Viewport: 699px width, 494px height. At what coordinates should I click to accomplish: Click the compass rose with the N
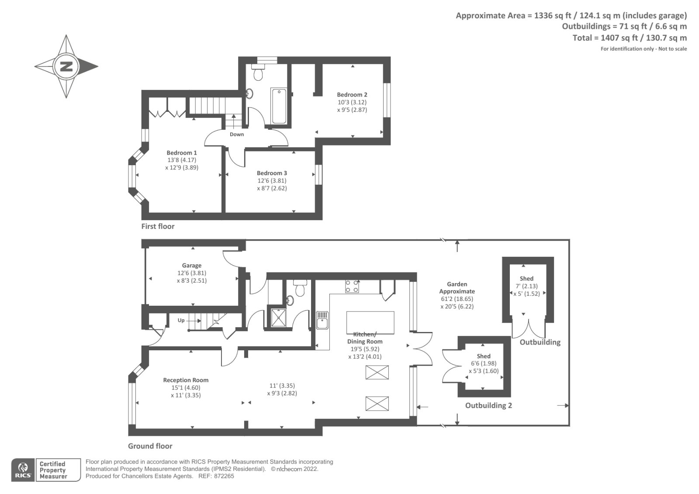click(x=66, y=67)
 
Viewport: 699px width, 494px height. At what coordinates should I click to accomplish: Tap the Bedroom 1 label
click(x=182, y=153)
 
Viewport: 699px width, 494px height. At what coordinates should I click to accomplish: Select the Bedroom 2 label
click(x=352, y=95)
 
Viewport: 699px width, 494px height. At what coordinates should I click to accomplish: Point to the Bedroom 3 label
click(x=272, y=173)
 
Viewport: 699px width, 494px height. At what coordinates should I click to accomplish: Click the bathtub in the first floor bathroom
click(x=278, y=106)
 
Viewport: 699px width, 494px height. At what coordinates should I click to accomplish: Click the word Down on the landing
click(x=237, y=135)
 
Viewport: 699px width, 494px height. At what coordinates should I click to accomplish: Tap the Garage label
click(x=192, y=266)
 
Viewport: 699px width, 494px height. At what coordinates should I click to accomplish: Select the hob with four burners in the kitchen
click(x=352, y=286)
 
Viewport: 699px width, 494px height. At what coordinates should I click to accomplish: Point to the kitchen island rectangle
click(x=370, y=322)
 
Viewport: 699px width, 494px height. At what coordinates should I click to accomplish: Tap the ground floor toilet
click(x=300, y=289)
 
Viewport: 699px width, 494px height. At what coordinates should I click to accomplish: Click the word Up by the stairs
click(x=181, y=321)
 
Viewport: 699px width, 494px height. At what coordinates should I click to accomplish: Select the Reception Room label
click(x=186, y=380)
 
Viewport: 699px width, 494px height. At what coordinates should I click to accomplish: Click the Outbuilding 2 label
click(x=488, y=406)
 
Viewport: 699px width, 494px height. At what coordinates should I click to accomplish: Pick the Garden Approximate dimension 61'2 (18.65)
click(x=457, y=299)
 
